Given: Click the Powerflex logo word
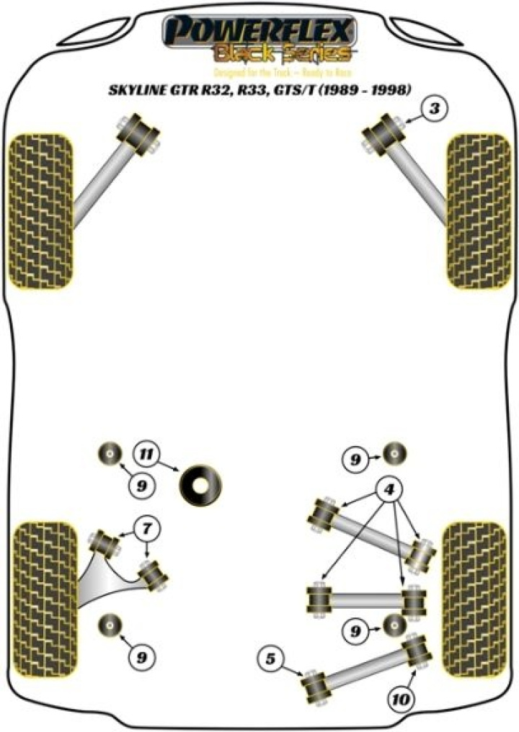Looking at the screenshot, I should (259, 32).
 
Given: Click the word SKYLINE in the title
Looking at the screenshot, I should (138, 91).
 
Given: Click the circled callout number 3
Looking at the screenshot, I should (434, 110).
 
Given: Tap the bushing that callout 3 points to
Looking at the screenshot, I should (382, 133).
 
